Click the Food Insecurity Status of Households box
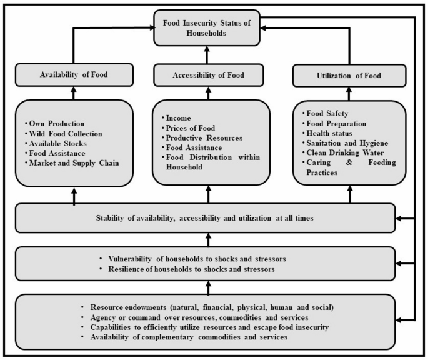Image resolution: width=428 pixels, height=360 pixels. point(208,28)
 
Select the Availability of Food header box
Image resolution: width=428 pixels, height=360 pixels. point(74,74)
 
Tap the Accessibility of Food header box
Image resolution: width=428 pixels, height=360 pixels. point(208,74)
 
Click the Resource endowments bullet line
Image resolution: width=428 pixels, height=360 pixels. point(206,308)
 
